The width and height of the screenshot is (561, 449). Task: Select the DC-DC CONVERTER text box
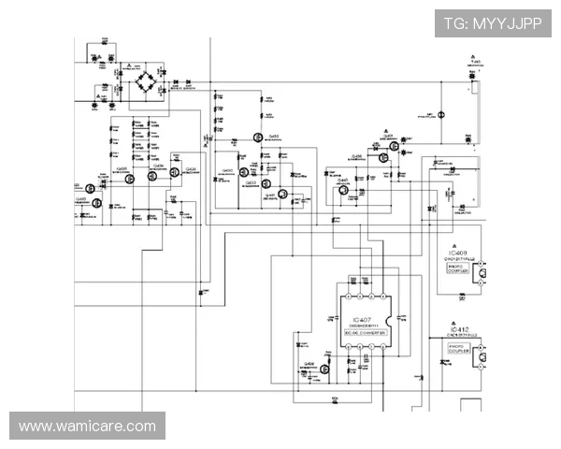(x=364, y=333)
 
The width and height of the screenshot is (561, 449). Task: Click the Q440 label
(x=343, y=180)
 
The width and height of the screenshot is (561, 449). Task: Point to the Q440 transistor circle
(x=344, y=190)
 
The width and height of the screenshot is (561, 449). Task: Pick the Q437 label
(x=387, y=135)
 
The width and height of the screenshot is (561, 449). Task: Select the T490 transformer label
(x=475, y=62)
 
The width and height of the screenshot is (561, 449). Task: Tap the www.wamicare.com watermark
(x=88, y=427)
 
